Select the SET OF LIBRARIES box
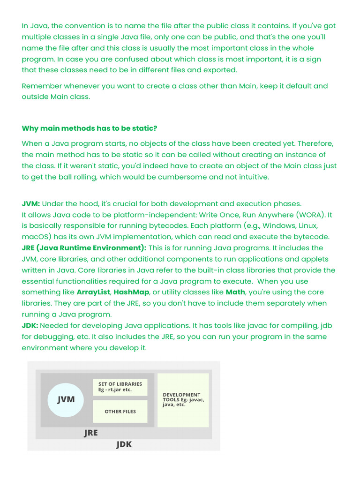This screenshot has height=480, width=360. pyautogui.click(x=120, y=387)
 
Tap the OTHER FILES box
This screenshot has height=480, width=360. pyautogui.click(x=120, y=412)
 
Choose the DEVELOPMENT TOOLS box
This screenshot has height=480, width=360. pyautogui.click(x=183, y=400)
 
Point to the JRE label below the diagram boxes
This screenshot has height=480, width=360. pyautogui.click(x=91, y=433)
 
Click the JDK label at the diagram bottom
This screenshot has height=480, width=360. pyautogui.click(x=124, y=444)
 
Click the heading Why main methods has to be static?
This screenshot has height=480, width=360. pyautogui.click(x=90, y=128)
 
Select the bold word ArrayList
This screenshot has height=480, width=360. pyautogui.click(x=94, y=292)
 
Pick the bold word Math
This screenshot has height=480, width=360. pyautogui.click(x=235, y=292)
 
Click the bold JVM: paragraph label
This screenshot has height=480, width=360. pyautogui.click(x=31, y=203)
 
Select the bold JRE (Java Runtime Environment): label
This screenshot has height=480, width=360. pyautogui.click(x=84, y=247)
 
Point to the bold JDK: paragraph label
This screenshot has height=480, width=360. pyautogui.click(x=30, y=325)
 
